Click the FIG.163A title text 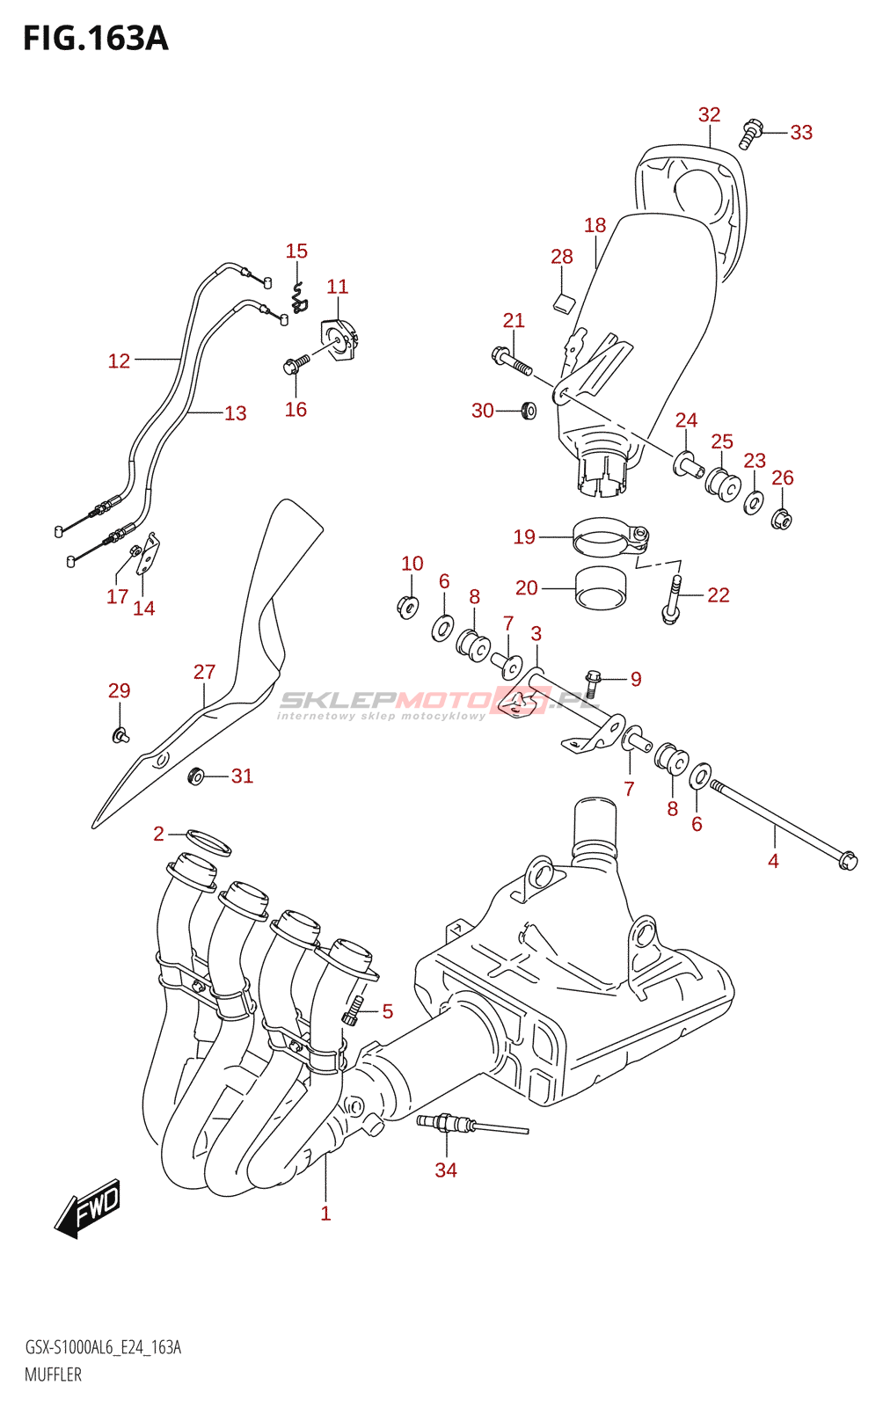(95, 39)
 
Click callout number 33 (800, 133)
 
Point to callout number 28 (561, 257)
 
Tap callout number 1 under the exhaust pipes (325, 1214)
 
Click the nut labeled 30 (528, 410)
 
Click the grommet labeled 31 (196, 776)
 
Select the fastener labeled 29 (119, 733)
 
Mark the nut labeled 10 (406, 606)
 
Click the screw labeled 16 (296, 363)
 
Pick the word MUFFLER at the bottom (53, 1375)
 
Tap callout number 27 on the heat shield (204, 672)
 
